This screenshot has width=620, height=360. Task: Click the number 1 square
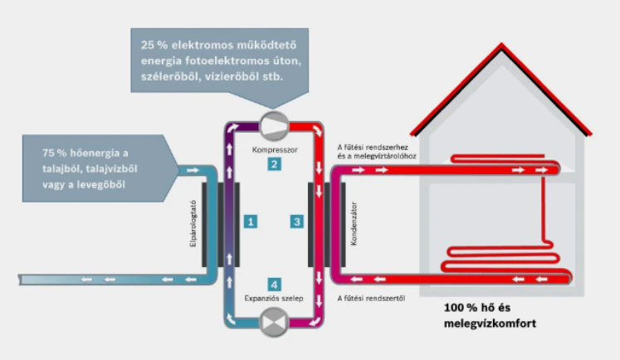(250, 221)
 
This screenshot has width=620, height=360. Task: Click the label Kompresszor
(273, 149)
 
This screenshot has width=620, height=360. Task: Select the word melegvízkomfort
(489, 322)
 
